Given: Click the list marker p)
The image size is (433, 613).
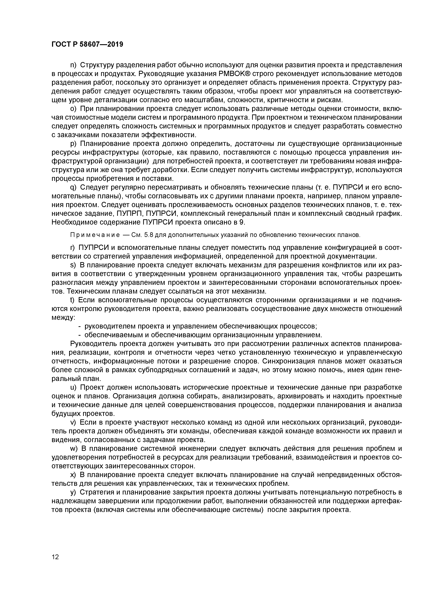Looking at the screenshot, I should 73,144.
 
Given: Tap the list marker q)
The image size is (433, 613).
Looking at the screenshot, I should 73,187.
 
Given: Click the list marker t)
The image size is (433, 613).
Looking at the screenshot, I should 72,300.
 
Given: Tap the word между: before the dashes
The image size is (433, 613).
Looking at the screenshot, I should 63,318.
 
